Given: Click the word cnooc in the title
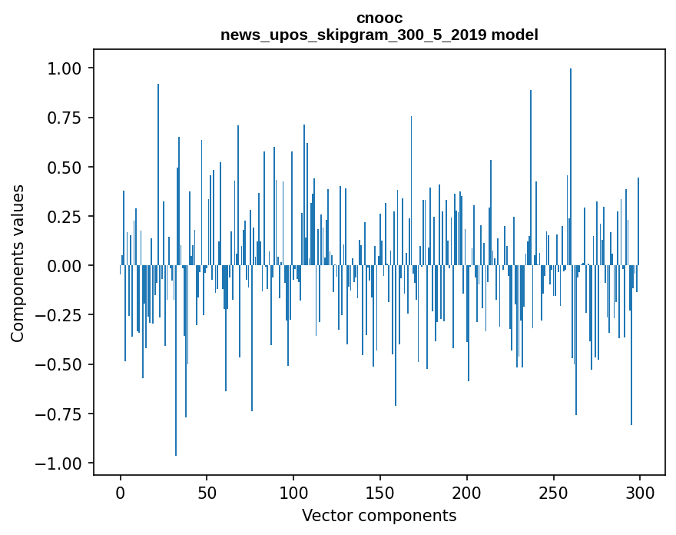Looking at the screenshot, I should click(379, 18).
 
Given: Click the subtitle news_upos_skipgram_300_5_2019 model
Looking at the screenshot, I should click(379, 35).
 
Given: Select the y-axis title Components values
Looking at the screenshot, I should click(18, 263).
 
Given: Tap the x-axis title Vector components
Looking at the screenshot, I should click(379, 516).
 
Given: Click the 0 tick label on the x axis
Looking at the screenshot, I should click(121, 493).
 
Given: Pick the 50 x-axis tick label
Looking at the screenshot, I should click(207, 493).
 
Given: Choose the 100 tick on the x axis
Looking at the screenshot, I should click(293, 493).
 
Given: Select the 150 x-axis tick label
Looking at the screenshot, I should click(380, 493).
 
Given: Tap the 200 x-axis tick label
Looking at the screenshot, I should click(466, 493).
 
